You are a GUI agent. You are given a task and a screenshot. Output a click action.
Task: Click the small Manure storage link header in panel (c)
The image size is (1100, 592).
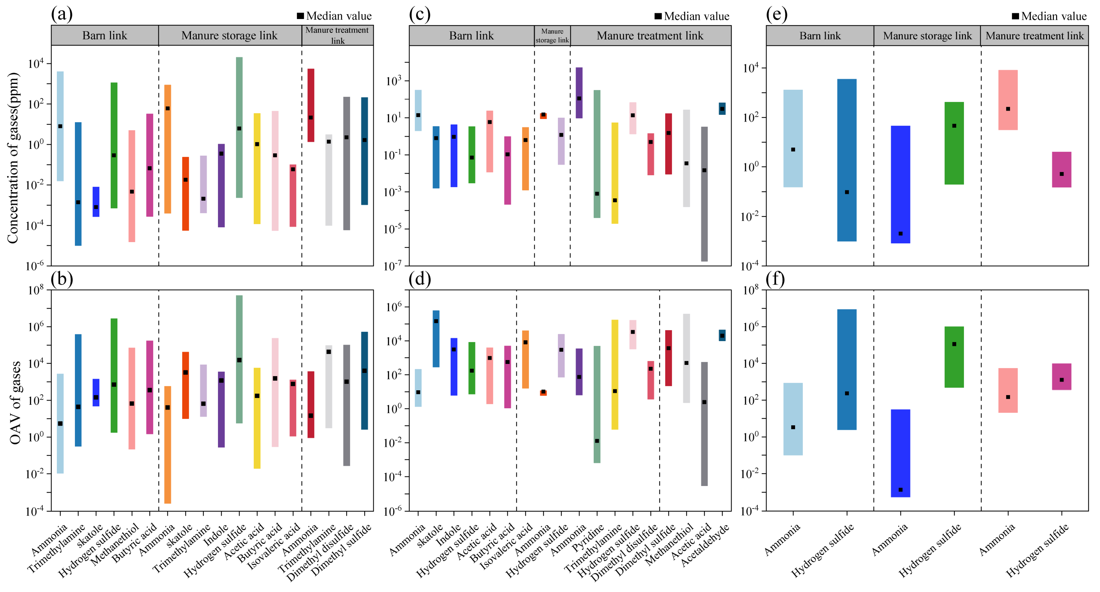click(x=552, y=35)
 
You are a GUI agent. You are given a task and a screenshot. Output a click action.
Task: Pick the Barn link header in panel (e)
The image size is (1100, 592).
click(x=820, y=35)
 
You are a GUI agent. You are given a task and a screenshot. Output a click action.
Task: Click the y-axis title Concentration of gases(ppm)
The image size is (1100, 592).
click(x=13, y=158)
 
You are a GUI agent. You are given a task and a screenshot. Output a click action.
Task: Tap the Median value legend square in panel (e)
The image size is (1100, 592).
click(x=1015, y=16)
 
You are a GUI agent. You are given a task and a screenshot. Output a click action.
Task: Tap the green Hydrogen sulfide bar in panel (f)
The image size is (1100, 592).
click(x=954, y=357)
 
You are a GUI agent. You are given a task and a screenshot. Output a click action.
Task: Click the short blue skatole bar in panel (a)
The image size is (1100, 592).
click(x=96, y=202)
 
